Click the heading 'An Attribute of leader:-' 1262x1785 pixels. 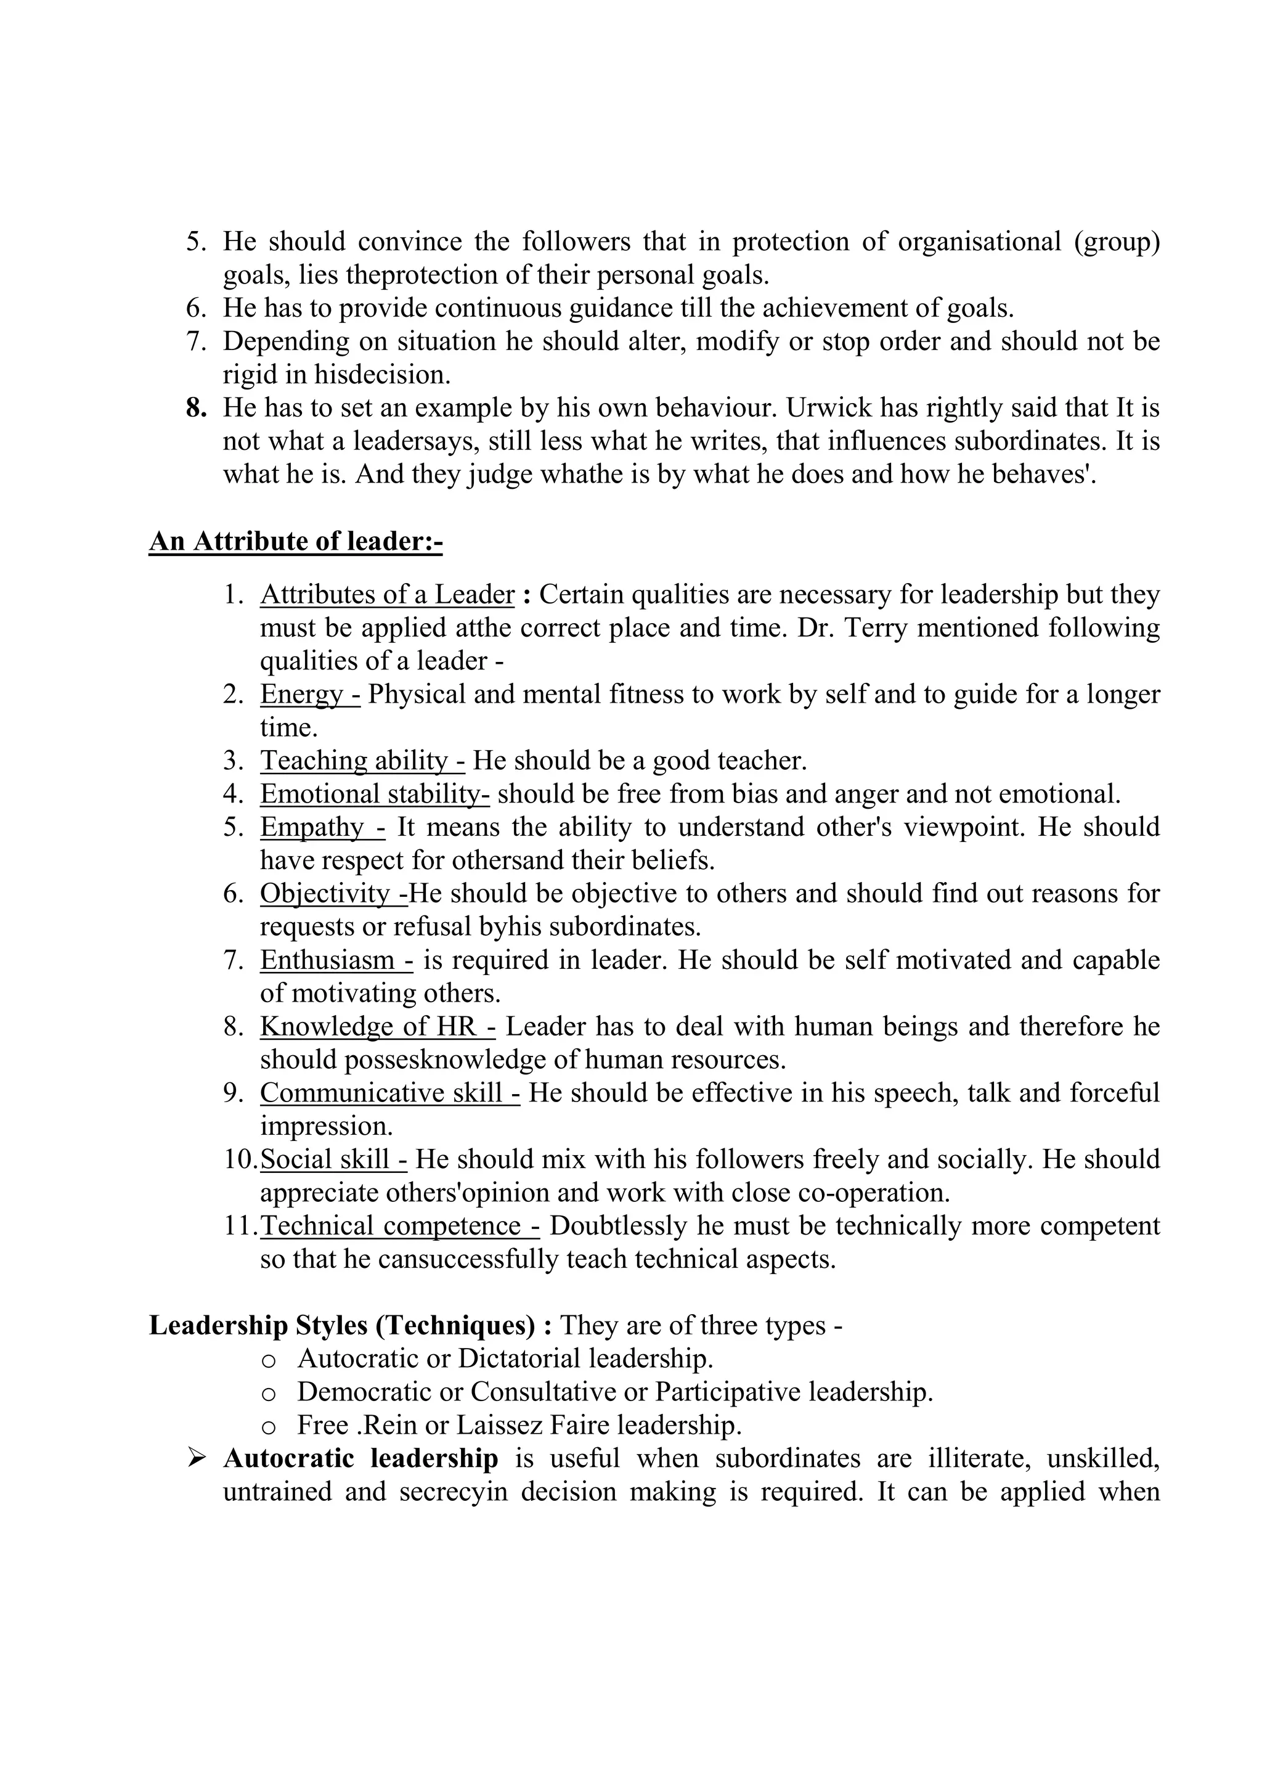(295, 541)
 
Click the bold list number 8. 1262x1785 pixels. (195, 408)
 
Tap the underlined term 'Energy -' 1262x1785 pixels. (309, 693)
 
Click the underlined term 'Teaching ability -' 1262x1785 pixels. (362, 761)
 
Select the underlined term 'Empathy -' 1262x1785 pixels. (322, 827)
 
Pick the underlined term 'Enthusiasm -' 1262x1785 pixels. (336, 960)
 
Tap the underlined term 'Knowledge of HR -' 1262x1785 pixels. (377, 1026)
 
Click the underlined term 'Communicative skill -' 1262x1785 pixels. (389, 1093)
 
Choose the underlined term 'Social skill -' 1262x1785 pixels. (333, 1159)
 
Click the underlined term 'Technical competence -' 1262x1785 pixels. (399, 1226)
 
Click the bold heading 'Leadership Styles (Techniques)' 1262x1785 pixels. (342, 1326)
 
